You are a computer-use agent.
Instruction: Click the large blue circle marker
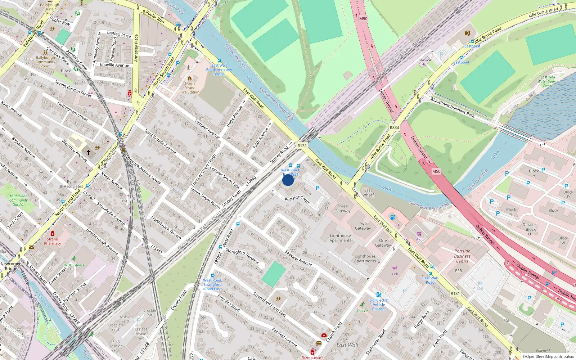(x=288, y=180)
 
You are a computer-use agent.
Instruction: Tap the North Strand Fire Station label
(x=190, y=88)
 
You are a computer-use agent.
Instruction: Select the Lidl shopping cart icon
(x=395, y=269)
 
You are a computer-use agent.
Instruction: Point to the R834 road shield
(x=394, y=127)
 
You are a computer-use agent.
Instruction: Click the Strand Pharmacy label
(x=53, y=241)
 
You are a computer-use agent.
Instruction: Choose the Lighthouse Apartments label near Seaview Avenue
(x=340, y=238)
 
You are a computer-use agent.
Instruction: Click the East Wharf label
(x=368, y=193)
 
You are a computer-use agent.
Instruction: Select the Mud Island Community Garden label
(x=18, y=200)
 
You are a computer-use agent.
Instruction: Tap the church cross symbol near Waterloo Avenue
(x=89, y=152)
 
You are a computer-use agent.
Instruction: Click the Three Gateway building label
(x=342, y=208)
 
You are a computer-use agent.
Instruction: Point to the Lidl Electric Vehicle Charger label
(x=379, y=304)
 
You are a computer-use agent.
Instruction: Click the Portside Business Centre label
(x=462, y=256)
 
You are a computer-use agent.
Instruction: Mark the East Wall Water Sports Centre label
(x=548, y=81)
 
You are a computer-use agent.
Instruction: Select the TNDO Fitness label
(x=73, y=265)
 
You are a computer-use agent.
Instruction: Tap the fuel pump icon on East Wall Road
(x=392, y=217)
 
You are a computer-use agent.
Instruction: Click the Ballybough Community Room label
(x=45, y=62)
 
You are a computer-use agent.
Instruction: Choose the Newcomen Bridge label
(x=11, y=266)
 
